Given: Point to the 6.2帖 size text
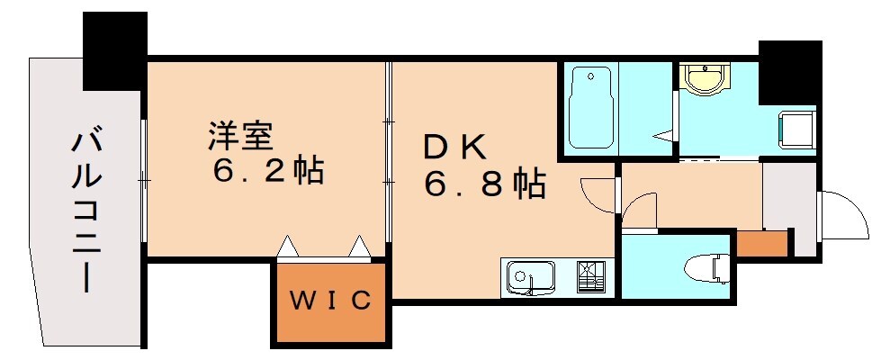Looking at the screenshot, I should point(268,171).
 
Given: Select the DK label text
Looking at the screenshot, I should point(454,146).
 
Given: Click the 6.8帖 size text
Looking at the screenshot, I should point(485,185).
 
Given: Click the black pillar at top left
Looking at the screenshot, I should point(114,49).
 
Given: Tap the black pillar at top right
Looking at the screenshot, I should point(789,72).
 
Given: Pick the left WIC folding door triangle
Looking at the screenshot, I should point(287,245).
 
